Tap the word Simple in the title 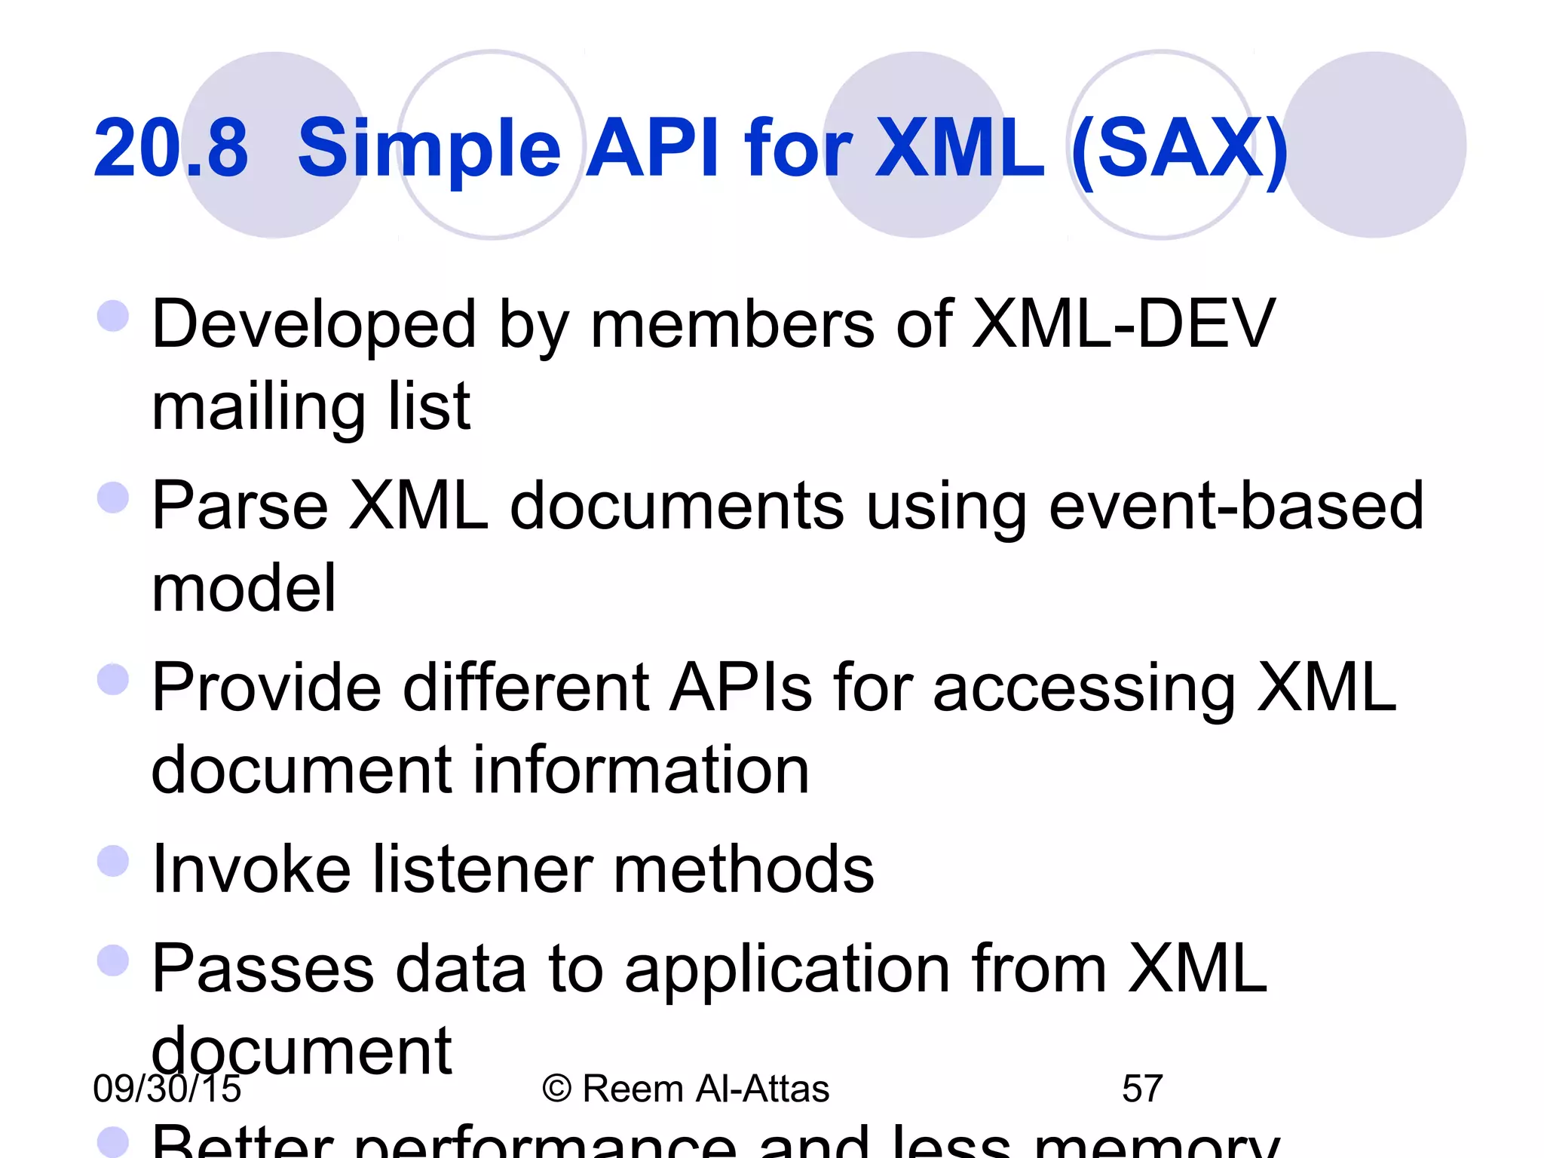(x=429, y=149)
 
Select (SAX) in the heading (x=1179, y=149)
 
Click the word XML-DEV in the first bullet (x=1123, y=324)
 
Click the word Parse (x=240, y=506)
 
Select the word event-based (x=1236, y=506)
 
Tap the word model (x=244, y=588)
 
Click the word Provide (x=266, y=688)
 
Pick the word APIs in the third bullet (x=742, y=688)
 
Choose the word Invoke (x=251, y=869)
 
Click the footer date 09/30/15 (x=167, y=1089)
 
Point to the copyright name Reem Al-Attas (x=705, y=1089)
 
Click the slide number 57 (x=1142, y=1089)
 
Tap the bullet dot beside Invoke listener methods (x=113, y=861)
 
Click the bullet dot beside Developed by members (x=113, y=316)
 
